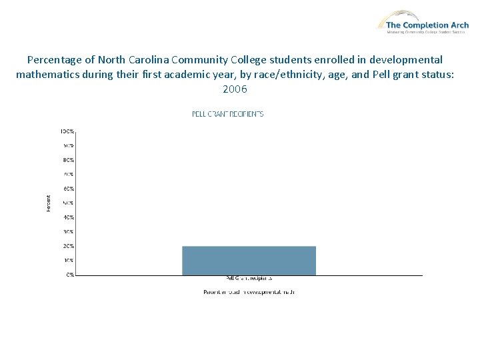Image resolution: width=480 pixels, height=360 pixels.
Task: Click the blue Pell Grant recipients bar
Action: click(x=249, y=260)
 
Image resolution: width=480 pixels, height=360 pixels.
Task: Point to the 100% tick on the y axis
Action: click(x=68, y=131)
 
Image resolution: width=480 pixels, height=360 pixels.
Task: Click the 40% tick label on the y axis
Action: click(x=69, y=217)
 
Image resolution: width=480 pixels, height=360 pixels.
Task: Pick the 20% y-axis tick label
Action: click(x=69, y=246)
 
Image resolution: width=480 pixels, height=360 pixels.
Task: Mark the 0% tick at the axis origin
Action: click(x=70, y=275)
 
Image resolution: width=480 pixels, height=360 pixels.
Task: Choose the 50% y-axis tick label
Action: click(x=69, y=203)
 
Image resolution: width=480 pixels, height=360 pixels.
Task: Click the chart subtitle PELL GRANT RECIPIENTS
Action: click(x=228, y=114)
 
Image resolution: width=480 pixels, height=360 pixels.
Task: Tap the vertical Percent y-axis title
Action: click(x=48, y=203)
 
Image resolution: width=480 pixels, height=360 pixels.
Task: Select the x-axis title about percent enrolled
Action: click(x=249, y=292)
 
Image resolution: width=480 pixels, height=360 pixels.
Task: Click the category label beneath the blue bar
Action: click(x=249, y=278)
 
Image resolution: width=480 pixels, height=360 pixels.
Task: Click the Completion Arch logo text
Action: click(x=427, y=25)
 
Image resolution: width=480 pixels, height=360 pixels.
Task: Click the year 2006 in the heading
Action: click(x=235, y=88)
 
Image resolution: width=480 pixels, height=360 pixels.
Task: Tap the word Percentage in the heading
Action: click(x=56, y=59)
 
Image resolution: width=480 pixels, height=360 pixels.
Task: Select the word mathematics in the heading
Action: click(x=51, y=74)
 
